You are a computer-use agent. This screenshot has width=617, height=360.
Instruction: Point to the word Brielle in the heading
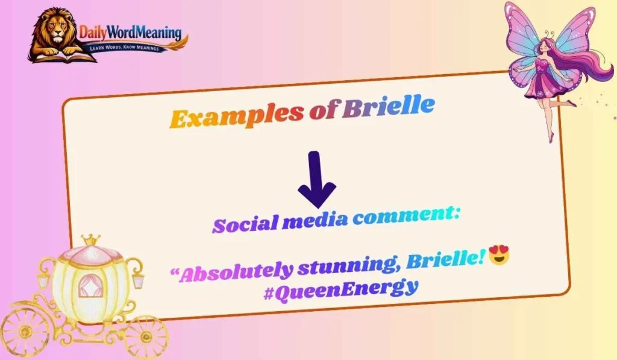pyautogui.click(x=388, y=107)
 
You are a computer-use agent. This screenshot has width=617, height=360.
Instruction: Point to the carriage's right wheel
pyautogui.click(x=145, y=336)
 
